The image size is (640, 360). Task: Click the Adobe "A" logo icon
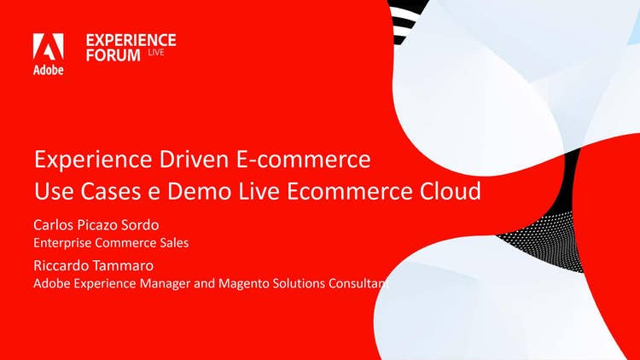(x=48, y=47)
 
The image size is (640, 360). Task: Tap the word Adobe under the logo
(x=48, y=70)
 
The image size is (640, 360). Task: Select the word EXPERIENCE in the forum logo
(x=131, y=40)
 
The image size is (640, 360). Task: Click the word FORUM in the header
(x=113, y=55)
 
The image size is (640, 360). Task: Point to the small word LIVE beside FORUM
(x=156, y=52)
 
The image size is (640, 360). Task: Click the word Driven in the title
(x=195, y=159)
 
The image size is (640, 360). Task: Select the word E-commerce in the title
(x=304, y=159)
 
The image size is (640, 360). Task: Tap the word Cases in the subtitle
(x=111, y=191)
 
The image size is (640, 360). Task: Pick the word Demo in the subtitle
(x=200, y=191)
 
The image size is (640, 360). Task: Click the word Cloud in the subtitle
(x=451, y=191)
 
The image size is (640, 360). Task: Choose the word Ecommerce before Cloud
(x=350, y=191)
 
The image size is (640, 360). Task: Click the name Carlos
(x=52, y=225)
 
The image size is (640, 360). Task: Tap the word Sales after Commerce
(x=176, y=243)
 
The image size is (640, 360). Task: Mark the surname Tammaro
(x=121, y=265)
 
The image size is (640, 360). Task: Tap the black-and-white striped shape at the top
(x=404, y=20)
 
